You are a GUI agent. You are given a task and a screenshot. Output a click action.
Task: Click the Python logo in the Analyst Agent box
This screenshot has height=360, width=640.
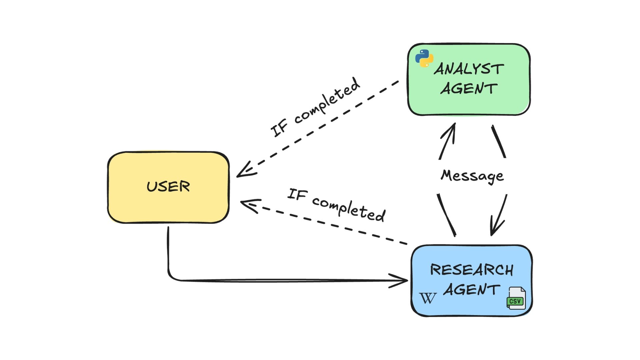click(424, 58)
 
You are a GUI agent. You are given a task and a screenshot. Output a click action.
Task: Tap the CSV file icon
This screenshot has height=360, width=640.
click(516, 298)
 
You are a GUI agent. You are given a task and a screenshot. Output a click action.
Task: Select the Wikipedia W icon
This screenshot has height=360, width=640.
click(428, 298)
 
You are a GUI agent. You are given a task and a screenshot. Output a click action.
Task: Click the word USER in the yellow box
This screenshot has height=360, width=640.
click(168, 186)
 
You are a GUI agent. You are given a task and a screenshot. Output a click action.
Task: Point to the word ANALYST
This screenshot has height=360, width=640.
click(469, 69)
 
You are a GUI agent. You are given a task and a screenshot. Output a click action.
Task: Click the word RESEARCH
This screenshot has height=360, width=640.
click(472, 270)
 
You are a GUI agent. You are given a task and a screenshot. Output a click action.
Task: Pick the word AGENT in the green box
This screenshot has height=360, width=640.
click(469, 89)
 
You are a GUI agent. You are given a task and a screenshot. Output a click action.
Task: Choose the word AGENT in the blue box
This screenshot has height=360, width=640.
click(472, 290)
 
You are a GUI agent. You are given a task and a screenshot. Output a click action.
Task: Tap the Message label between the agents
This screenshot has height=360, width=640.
click(472, 176)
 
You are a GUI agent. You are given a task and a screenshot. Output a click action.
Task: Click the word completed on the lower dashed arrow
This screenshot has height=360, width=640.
click(349, 209)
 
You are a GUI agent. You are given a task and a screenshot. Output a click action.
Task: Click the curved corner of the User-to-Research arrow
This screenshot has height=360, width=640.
click(171, 276)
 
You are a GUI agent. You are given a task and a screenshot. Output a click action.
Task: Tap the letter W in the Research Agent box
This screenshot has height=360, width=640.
click(428, 298)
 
